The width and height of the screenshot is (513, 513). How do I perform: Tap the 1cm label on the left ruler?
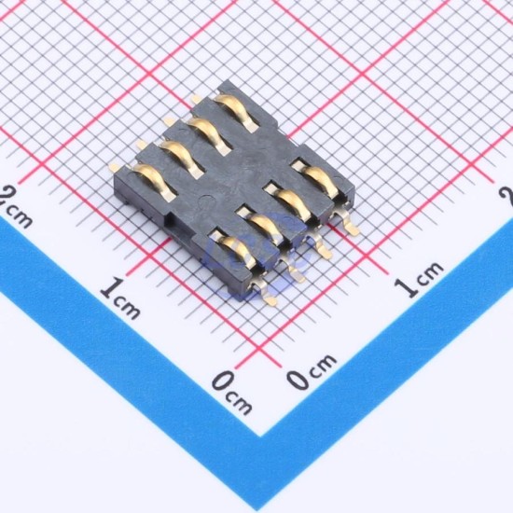coord(120,298)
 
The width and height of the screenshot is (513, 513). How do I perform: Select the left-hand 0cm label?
coord(231,393)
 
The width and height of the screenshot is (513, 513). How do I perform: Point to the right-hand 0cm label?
coord(311,371)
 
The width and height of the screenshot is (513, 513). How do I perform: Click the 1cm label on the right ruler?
coord(418,279)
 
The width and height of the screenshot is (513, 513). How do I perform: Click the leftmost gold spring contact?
coord(154,182)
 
